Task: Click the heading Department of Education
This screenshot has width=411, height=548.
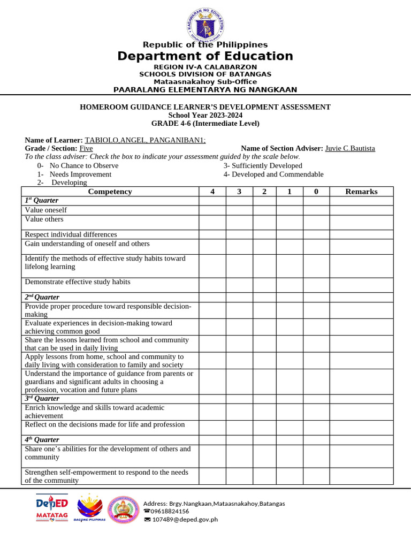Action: coord(205,56)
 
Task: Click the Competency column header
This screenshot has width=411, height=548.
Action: coord(110,192)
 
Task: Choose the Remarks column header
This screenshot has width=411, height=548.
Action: coord(361,192)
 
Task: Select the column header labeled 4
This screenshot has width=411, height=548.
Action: coord(212,192)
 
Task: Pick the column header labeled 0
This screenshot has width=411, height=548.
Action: coord(316,192)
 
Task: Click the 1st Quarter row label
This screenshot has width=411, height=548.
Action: coord(42,200)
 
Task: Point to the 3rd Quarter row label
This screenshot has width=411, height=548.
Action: coord(42,399)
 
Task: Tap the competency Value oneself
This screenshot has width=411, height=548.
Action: coord(46,210)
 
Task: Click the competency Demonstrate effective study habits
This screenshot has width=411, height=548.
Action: coord(78,282)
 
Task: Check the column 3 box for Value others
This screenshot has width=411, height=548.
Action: coord(239,222)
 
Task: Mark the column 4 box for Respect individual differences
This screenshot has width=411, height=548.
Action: coord(212,234)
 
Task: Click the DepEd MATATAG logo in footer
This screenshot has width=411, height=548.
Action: coord(52,508)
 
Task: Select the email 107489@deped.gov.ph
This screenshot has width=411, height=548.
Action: coord(185,519)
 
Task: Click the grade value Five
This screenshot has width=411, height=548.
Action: coord(86,148)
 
